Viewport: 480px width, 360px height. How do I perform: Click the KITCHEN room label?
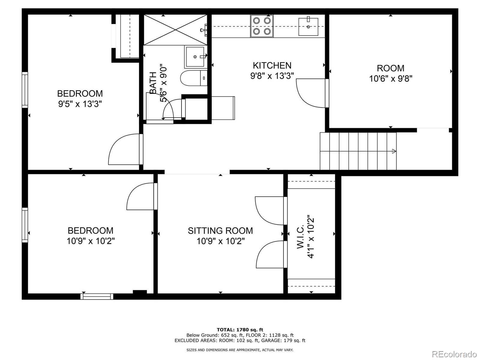[272, 65]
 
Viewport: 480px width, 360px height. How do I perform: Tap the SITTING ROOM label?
[220, 230]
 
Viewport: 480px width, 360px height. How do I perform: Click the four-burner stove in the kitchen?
[262, 26]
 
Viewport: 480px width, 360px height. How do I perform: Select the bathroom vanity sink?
[195, 56]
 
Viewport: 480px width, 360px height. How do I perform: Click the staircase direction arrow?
[394, 151]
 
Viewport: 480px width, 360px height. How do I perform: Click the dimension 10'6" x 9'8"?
[391, 79]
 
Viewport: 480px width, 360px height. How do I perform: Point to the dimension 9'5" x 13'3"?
[80, 104]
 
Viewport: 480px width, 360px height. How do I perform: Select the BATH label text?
[153, 83]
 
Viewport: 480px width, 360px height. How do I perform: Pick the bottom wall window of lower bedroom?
[97, 296]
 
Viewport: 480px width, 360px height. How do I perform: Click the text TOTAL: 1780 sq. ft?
[240, 330]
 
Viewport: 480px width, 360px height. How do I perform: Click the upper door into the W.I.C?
[270, 210]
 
